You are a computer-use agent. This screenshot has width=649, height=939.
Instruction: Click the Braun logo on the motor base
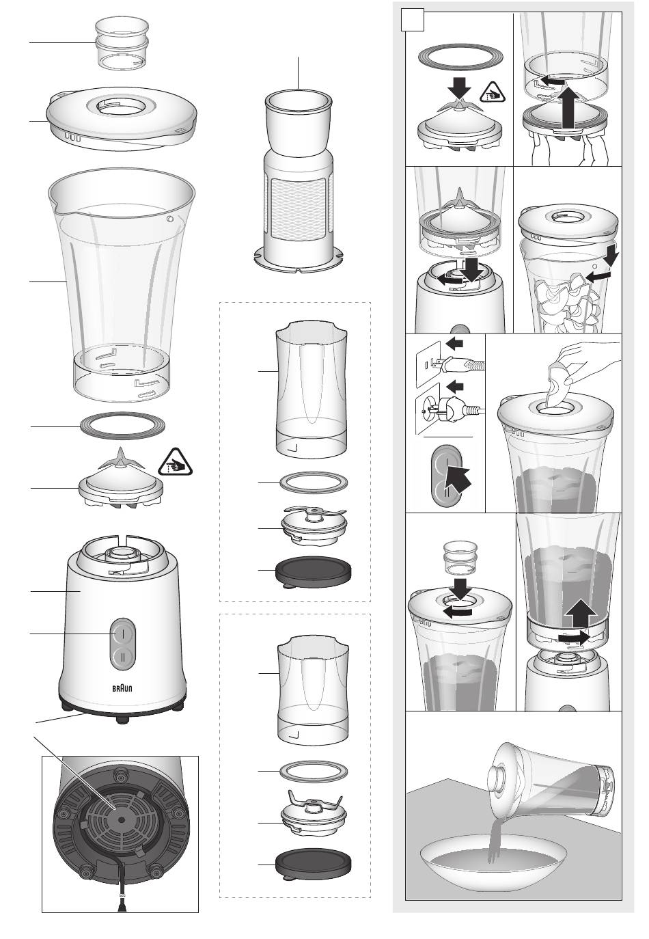pos(123,688)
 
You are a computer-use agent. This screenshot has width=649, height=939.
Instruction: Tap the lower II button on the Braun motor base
pos(123,655)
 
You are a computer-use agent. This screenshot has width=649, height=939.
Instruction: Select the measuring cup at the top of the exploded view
pos(122,43)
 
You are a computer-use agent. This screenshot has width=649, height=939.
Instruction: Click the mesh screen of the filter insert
pos(298,211)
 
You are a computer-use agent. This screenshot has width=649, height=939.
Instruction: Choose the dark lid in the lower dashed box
pos(313,865)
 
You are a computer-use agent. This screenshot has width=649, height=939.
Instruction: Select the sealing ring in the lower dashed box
pos(314,772)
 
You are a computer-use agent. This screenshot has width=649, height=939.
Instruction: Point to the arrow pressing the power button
pos(458,478)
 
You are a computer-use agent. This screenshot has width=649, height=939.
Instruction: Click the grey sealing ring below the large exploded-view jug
pos(122,426)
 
